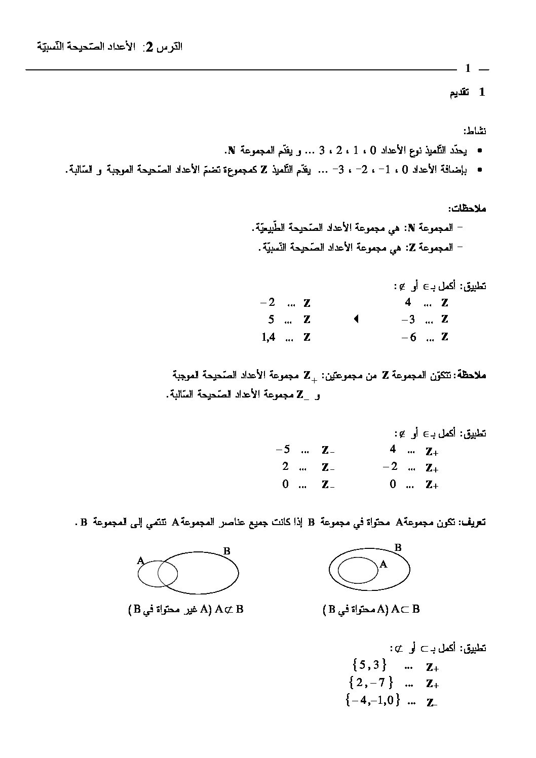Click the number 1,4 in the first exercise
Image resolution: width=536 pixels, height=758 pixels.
coord(269,337)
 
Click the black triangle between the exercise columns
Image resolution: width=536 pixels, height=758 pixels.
coord(356,319)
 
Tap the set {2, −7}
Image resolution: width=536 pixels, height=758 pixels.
coord(371,683)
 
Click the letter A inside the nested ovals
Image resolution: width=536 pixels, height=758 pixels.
coord(383,564)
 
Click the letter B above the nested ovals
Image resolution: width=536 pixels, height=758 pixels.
coord(398,547)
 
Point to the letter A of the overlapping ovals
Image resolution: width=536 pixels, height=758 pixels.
coord(141,561)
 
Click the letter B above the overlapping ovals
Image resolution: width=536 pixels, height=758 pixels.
coord(227,551)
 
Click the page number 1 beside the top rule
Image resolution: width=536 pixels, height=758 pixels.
coord(468,68)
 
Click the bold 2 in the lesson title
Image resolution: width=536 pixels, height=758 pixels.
coord(149,48)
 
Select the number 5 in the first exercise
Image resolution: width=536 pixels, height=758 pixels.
coord(271,320)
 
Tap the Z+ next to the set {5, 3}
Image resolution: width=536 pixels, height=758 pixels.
coord(432,667)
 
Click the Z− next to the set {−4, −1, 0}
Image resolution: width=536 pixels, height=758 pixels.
coord(432,702)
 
